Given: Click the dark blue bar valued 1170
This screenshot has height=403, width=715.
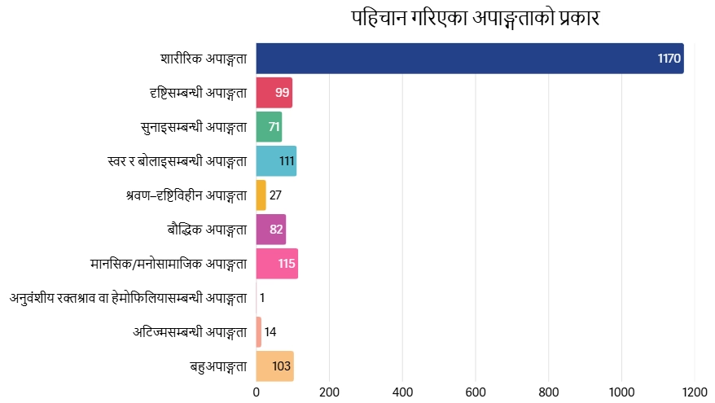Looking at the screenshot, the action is click(470, 59).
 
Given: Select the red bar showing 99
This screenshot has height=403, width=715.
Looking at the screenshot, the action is click(274, 93).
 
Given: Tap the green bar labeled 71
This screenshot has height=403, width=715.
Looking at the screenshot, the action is click(269, 127).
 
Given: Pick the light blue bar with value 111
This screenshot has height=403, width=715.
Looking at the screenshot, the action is click(276, 161).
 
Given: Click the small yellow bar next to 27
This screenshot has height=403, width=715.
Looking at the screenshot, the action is click(261, 195).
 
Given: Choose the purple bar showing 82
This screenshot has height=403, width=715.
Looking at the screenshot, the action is click(271, 230).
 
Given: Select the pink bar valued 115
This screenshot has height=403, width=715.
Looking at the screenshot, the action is click(277, 264).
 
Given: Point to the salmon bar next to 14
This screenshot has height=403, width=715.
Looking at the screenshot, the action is click(258, 332).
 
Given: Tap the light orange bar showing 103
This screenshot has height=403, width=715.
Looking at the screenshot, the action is click(275, 366).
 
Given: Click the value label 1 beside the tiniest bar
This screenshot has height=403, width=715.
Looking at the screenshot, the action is click(262, 298).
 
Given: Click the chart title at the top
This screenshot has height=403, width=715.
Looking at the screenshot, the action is click(476, 18).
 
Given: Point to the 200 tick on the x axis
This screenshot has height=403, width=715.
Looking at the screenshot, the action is click(329, 392).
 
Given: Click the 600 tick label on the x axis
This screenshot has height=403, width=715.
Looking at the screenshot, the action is click(476, 392).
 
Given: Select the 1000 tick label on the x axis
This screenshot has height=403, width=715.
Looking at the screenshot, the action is click(621, 392).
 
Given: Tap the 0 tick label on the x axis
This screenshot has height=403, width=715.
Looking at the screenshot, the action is click(257, 392).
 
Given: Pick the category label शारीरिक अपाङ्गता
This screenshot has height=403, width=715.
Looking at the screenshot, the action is click(204, 59).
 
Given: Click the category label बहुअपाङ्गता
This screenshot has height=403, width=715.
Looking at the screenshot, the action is click(218, 366).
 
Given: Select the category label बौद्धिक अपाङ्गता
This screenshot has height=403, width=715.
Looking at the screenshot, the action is click(207, 230).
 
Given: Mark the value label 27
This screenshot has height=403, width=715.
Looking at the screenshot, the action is click(275, 195).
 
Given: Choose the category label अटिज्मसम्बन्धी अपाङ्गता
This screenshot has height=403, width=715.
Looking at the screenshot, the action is click(190, 332).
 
